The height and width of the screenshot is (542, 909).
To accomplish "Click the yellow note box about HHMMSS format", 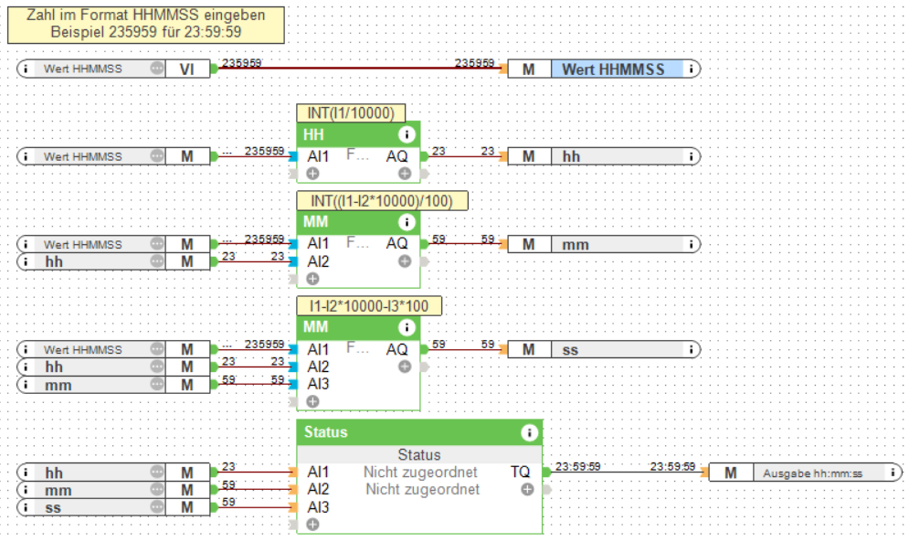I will [146, 25].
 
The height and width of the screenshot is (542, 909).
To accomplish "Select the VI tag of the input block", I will [186, 69].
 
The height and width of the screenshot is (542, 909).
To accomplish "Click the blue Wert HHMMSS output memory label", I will [615, 69].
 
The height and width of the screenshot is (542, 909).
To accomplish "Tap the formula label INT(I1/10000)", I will [351, 113].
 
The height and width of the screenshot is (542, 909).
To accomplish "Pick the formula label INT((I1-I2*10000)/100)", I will [381, 201].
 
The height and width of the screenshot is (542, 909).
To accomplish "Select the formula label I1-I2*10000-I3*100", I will [369, 306].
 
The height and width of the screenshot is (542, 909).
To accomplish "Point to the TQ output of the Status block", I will [520, 472].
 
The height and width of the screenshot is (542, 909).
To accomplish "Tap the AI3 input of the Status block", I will [318, 506].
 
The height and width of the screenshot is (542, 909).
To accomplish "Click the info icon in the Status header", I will [528, 432].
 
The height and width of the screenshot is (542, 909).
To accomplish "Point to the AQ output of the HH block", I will [396, 156].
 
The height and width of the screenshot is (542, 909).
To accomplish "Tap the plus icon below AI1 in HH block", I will [312, 173].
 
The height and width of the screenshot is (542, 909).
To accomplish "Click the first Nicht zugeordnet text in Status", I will [420, 472].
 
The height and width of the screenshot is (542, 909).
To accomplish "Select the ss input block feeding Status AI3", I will [91, 506].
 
